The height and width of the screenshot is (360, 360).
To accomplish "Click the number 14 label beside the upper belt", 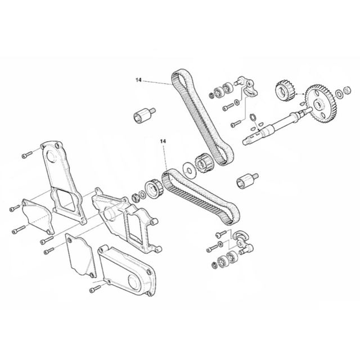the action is coord(138,80).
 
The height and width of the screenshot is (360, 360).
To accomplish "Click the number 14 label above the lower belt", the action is coord(163,141).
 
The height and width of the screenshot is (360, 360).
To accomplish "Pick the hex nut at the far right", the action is coord(348,90).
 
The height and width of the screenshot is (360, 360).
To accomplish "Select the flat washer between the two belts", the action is coord(189,170).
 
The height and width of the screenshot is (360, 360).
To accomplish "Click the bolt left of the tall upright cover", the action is coord(27,155).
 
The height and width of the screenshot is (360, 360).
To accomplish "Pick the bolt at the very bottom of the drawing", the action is coord(95,289).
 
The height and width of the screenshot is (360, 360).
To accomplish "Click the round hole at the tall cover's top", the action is coord(51,156).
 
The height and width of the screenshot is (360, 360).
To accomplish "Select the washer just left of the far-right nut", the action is coord(339,94).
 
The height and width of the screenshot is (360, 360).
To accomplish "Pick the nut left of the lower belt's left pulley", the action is coord(135,197).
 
